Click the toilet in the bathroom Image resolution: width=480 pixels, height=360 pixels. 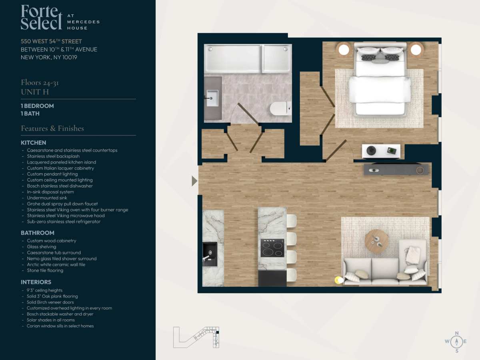280,108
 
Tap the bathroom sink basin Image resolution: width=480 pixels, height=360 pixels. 212,98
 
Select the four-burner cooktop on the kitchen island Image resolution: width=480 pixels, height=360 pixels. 272,248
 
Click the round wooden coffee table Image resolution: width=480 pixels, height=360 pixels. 376,241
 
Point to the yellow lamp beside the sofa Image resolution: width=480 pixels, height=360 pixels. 339,280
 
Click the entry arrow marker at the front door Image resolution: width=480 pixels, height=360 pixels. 194,181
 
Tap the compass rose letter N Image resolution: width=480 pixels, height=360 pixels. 457,333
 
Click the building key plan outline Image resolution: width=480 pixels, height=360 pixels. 196,337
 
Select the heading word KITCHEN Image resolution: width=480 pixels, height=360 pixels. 34,143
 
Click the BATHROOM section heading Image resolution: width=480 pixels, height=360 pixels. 37,233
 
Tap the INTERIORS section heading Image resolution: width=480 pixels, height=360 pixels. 36,282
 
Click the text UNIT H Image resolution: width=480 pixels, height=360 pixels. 35,92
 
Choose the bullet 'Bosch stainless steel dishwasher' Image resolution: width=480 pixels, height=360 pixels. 60,186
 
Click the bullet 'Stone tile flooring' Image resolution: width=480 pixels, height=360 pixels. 45,270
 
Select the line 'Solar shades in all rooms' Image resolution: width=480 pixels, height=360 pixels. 51,320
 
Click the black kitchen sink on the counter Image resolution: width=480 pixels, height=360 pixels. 210,254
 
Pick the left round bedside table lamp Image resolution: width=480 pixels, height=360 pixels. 344,50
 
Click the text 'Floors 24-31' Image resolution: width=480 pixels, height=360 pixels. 40,83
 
